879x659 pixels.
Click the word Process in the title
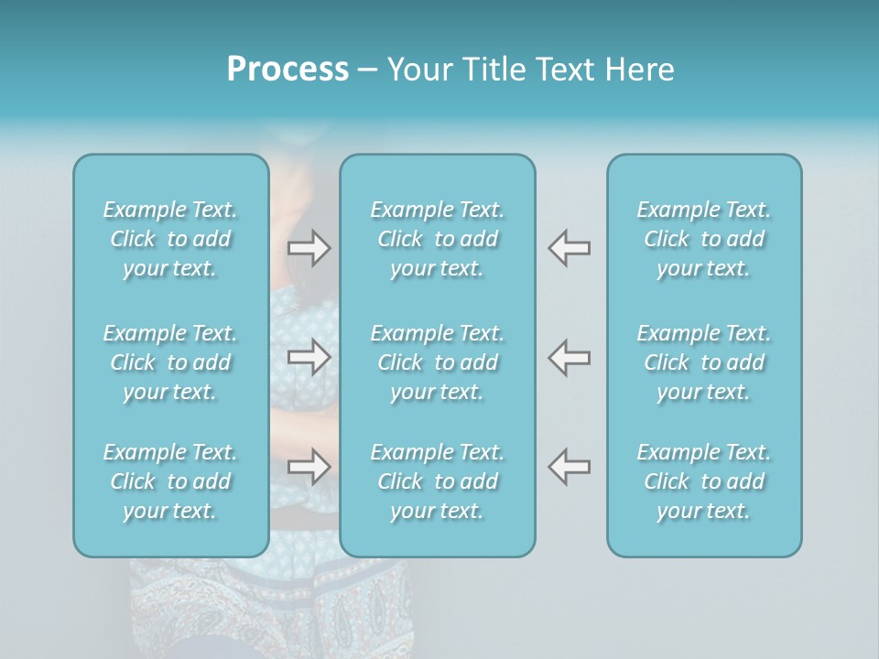288,70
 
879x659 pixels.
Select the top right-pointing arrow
309,248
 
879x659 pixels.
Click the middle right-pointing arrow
309,357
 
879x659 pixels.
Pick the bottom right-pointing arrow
309,467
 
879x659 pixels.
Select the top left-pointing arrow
569,248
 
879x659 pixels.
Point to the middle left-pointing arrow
569,357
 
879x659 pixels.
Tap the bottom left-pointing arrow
569,467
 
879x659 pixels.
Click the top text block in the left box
170,239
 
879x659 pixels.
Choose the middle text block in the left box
170,362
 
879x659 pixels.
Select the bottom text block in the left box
170,481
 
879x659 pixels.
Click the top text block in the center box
438,239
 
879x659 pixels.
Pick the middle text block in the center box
438,362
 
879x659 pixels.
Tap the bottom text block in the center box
438,481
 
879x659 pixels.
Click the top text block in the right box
704,239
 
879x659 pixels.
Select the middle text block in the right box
704,362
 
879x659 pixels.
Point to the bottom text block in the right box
704,481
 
